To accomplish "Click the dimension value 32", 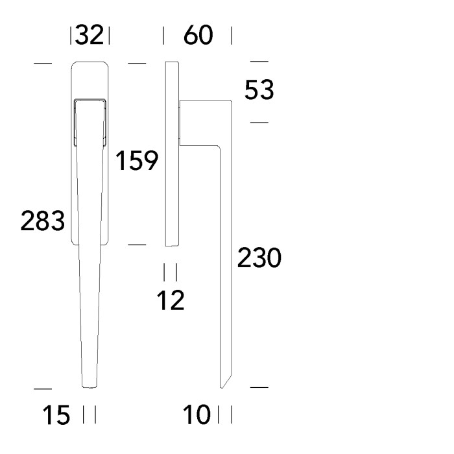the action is click(x=90, y=35).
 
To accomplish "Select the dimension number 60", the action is click(x=198, y=35).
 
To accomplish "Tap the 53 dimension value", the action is click(x=259, y=90).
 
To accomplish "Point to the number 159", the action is click(x=137, y=160).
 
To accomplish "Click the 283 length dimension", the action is click(x=43, y=221).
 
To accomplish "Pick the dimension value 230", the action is click(x=259, y=257).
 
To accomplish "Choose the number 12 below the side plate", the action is click(x=171, y=300).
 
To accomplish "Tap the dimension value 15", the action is click(x=56, y=414).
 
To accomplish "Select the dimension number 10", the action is click(x=197, y=414).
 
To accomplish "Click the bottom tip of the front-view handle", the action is click(x=90, y=387).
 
